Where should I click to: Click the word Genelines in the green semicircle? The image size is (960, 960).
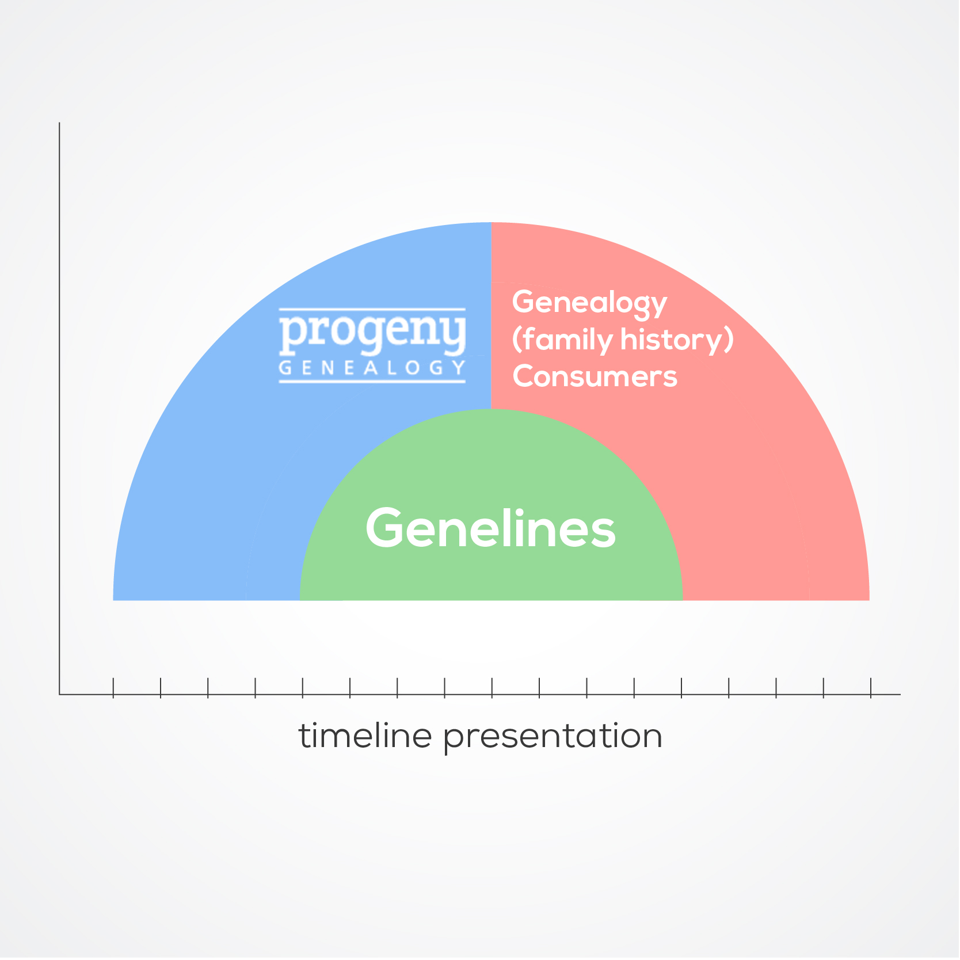pos(490,528)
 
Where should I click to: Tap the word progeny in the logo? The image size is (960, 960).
pos(372,334)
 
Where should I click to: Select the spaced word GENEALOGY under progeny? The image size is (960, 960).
pos(372,368)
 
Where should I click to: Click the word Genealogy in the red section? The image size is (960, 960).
pos(589,303)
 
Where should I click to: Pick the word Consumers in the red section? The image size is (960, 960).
pos(595,376)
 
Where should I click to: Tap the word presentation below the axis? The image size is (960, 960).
pos(553,737)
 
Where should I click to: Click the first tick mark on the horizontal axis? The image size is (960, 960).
pos(113,688)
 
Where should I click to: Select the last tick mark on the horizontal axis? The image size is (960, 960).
pos(871,688)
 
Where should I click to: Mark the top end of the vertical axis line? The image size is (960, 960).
pos(59,123)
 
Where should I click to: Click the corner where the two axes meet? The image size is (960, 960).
pos(59,695)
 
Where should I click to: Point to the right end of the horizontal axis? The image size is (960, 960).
pos(900,695)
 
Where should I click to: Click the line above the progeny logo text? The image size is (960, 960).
pos(372,309)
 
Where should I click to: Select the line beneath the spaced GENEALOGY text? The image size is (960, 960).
pos(372,381)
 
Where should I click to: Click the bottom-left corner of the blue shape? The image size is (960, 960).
pos(113,600)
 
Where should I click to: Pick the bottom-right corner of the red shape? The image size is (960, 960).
pos(869,600)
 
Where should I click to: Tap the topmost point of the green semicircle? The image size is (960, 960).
pos(491,409)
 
